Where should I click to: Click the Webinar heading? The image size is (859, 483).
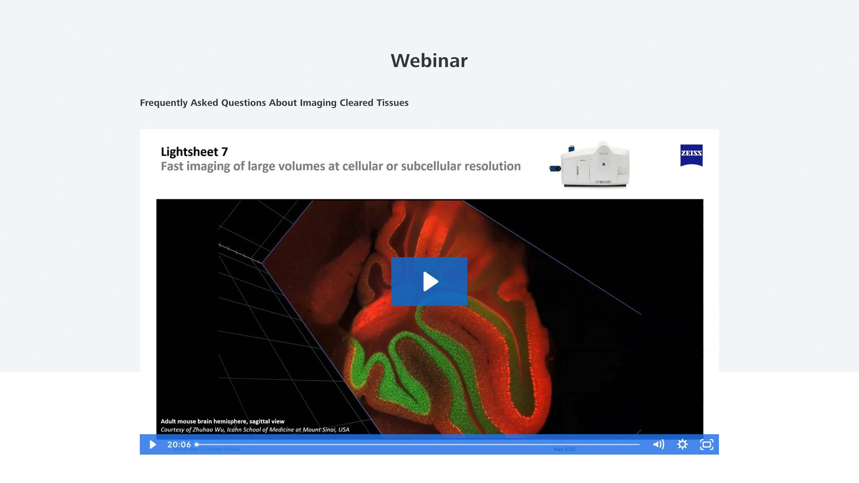pyautogui.click(x=429, y=61)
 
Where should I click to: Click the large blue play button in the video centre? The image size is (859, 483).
pyautogui.click(x=429, y=281)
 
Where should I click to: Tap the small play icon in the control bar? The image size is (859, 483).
pyautogui.click(x=153, y=445)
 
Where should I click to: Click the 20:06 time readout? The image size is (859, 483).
pyautogui.click(x=179, y=445)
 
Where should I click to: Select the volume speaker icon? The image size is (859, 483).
pyautogui.click(x=658, y=445)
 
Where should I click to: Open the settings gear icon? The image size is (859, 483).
pyautogui.click(x=682, y=445)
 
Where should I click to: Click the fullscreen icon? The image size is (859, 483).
pyautogui.click(x=707, y=445)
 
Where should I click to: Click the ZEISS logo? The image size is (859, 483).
pyautogui.click(x=691, y=155)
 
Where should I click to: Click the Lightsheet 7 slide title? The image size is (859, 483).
pyautogui.click(x=194, y=152)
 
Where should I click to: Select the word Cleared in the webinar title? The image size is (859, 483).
pyautogui.click(x=356, y=103)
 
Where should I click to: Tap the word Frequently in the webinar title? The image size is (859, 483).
pyautogui.click(x=164, y=103)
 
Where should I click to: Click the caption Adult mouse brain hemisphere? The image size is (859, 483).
pyautogui.click(x=222, y=421)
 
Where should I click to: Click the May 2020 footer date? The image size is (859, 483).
pyautogui.click(x=564, y=450)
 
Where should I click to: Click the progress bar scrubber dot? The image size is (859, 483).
pyautogui.click(x=197, y=444)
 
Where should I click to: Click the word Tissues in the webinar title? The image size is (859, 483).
pyautogui.click(x=392, y=103)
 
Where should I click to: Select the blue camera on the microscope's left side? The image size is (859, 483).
pyautogui.click(x=555, y=169)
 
